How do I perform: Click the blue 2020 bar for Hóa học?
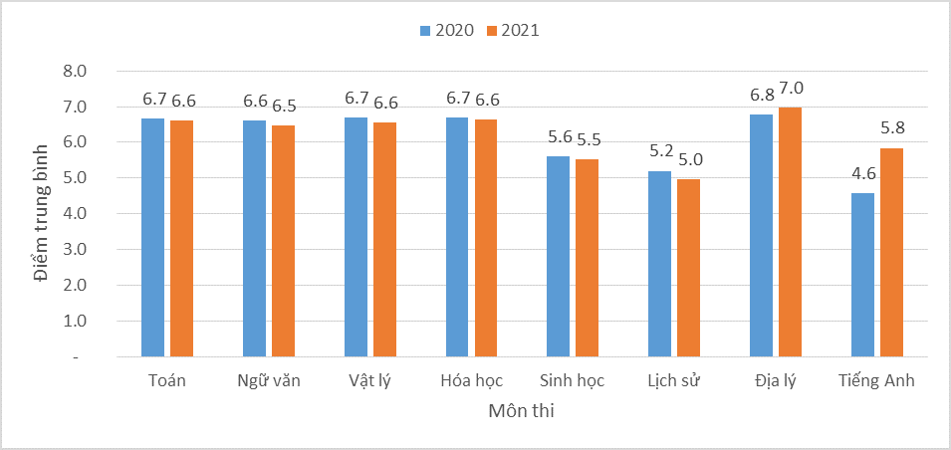click(457, 237)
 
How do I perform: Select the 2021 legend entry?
click(512, 30)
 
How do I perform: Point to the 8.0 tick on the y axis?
click(76, 71)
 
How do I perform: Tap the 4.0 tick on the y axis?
click(76, 214)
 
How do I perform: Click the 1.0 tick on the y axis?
click(76, 322)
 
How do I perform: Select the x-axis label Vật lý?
click(370, 381)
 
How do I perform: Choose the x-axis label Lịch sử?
click(674, 381)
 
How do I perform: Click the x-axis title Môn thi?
click(522, 410)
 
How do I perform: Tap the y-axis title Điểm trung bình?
click(41, 214)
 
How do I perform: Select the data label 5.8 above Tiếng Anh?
click(892, 128)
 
